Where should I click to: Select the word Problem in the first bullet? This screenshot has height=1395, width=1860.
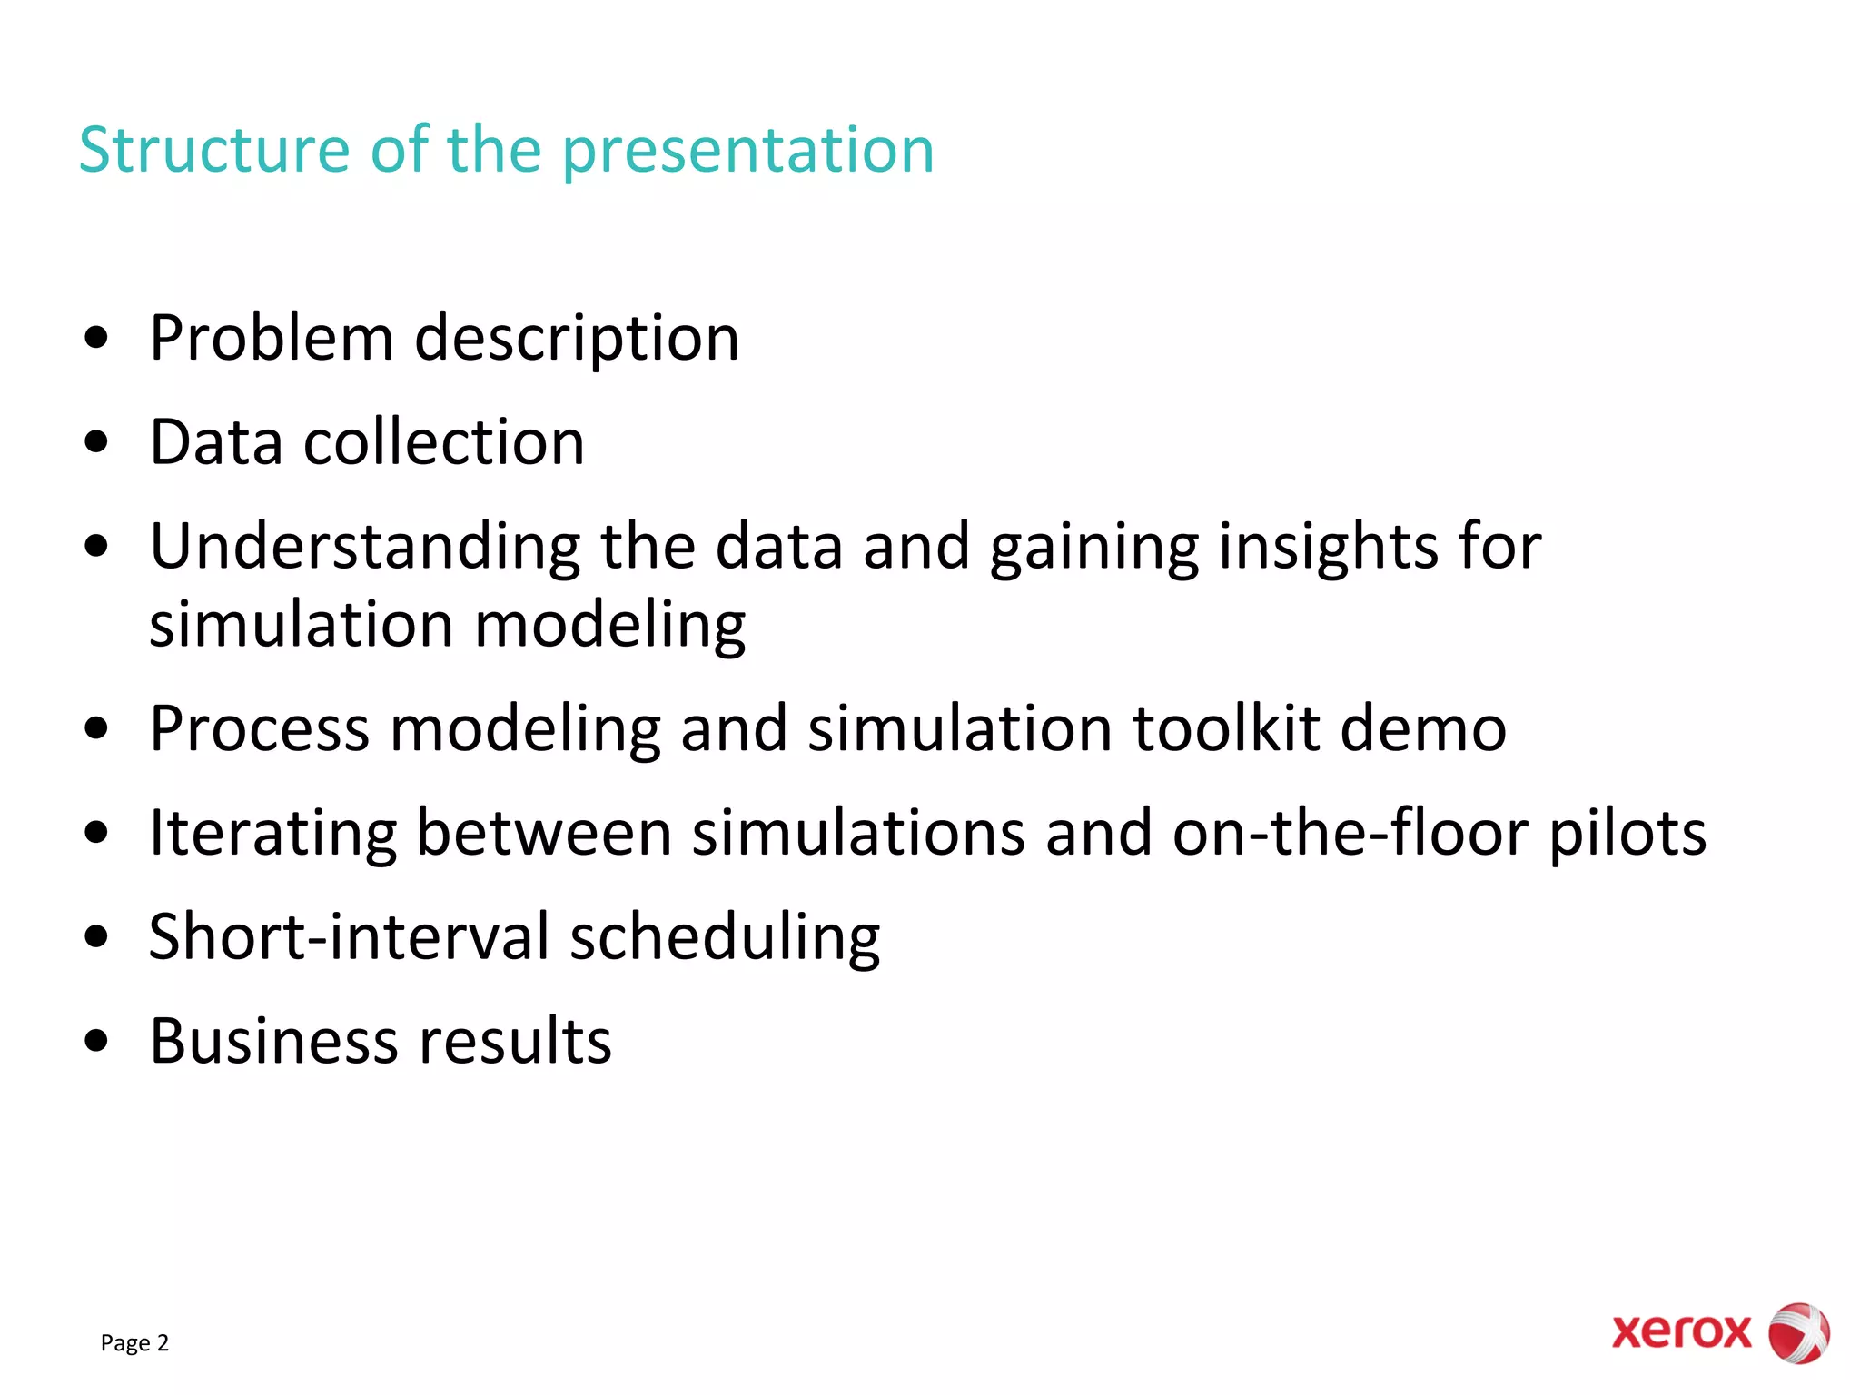[271, 338]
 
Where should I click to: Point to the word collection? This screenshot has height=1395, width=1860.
[443, 442]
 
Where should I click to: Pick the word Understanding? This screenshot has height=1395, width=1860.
[364, 548]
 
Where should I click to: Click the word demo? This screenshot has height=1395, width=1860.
[1423, 728]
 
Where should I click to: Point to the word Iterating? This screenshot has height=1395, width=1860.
[272, 834]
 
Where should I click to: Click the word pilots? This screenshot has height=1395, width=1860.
[1627, 834]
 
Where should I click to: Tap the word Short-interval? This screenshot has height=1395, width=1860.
[349, 936]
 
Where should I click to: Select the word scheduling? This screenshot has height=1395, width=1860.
[725, 938]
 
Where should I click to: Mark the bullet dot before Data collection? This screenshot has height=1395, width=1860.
[95, 443]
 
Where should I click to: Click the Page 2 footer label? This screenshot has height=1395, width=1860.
[134, 1342]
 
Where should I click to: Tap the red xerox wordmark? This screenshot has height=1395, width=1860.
[1681, 1332]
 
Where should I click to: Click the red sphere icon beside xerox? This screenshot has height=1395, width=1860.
[1798, 1332]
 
